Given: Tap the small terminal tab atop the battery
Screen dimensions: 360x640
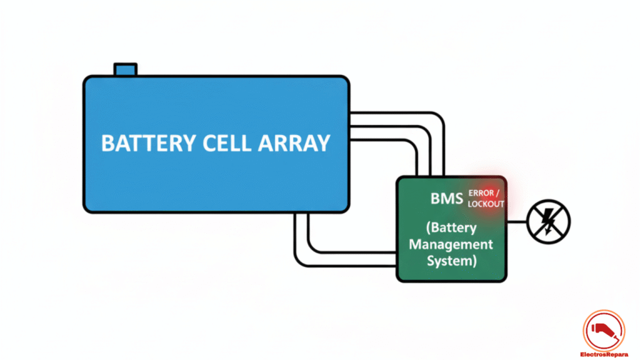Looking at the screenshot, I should pyautogui.click(x=125, y=69).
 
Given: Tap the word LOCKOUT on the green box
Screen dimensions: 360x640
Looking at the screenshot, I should pyautogui.click(x=486, y=204).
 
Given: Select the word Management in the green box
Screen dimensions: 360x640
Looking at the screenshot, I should pyautogui.click(x=451, y=244).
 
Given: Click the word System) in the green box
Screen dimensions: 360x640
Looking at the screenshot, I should pyautogui.click(x=452, y=261).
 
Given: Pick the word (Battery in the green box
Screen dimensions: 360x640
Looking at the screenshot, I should pyautogui.click(x=452, y=227).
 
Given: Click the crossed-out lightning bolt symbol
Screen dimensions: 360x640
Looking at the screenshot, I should pyautogui.click(x=549, y=221).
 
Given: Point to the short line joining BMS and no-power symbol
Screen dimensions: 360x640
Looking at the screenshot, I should pyautogui.click(x=517, y=221).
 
